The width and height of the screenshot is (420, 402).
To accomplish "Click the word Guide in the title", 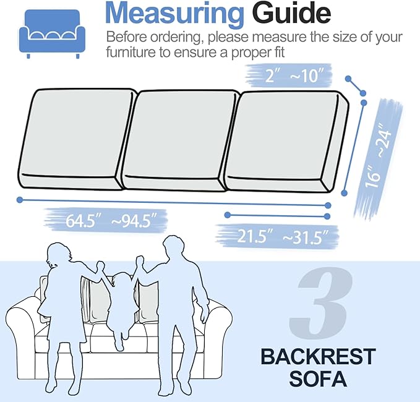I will [289, 14].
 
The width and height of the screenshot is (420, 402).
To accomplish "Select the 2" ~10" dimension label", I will [290, 77].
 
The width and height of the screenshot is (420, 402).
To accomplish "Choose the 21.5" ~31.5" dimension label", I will [277, 236].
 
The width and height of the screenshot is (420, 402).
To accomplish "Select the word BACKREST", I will [318, 357].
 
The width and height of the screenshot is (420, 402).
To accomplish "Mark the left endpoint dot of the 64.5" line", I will [20, 199].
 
